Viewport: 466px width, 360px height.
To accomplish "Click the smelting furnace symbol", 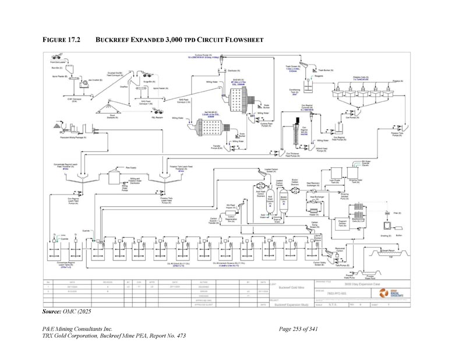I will (x=386, y=225).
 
